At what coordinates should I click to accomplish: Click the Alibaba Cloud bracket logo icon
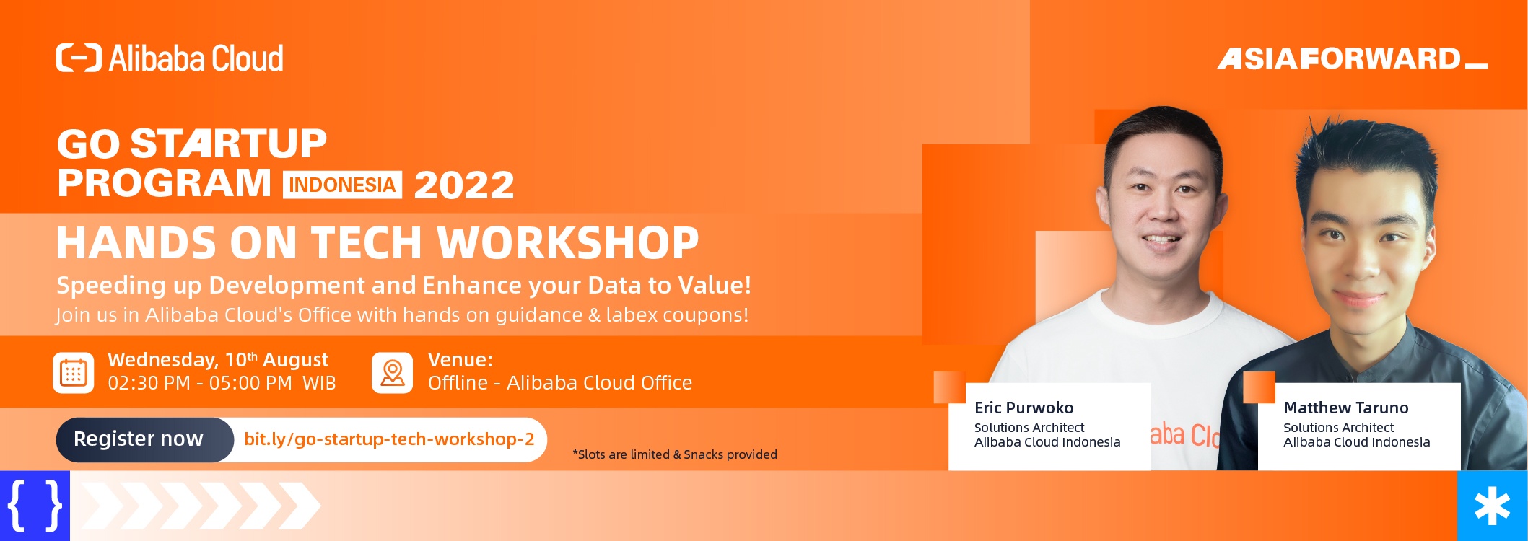click(79, 58)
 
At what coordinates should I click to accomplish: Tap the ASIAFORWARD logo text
click(1353, 58)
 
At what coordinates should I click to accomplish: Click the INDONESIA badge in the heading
click(342, 185)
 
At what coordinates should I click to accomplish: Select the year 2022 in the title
click(464, 185)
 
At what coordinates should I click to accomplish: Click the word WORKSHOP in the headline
click(568, 242)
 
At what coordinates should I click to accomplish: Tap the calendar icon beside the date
click(74, 373)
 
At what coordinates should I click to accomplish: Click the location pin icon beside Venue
click(393, 373)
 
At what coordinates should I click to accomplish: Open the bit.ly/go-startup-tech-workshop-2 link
click(389, 439)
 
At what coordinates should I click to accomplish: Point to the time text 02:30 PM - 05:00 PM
click(200, 383)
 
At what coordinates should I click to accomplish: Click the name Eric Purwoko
click(1023, 408)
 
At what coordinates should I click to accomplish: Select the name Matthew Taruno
click(1346, 408)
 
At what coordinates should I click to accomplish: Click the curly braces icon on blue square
click(35, 506)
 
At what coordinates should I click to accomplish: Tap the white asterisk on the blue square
click(1493, 506)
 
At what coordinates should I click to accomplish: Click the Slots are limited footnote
click(675, 454)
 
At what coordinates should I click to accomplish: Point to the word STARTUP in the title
click(228, 144)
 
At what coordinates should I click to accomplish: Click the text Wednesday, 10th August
click(218, 360)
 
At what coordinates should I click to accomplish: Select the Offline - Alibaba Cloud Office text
click(560, 383)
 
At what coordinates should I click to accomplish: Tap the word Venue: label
click(460, 360)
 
